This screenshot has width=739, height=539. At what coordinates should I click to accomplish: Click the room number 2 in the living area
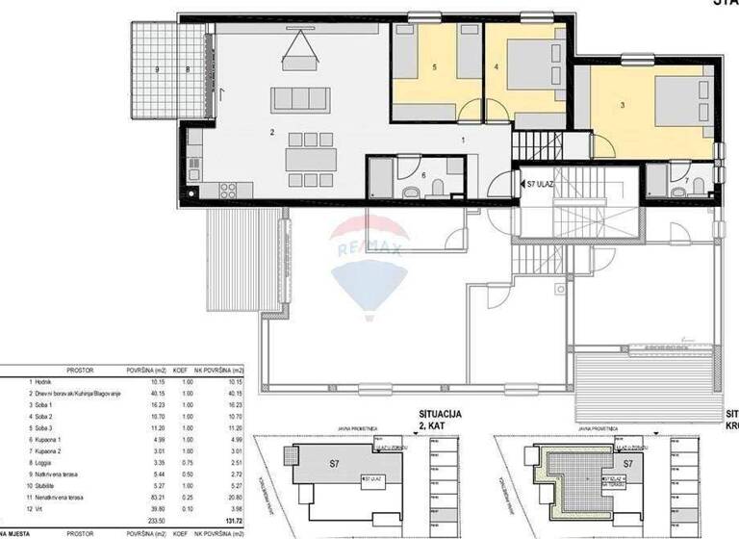(x=273, y=132)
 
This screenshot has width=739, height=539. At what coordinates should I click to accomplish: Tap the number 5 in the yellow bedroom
(x=435, y=67)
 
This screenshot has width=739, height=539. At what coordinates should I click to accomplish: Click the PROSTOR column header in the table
(x=79, y=370)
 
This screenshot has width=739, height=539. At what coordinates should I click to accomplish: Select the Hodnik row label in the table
(x=41, y=381)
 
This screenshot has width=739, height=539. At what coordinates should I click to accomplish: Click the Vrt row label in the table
(x=37, y=509)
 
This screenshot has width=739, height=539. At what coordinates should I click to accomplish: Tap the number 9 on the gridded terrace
(x=156, y=69)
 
